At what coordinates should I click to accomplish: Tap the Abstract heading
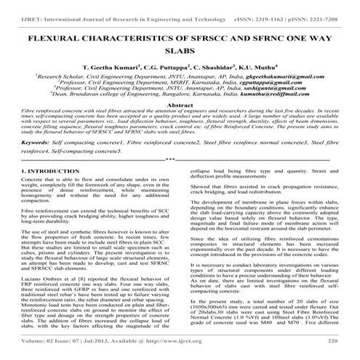pyautogui.click(x=180, y=105)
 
